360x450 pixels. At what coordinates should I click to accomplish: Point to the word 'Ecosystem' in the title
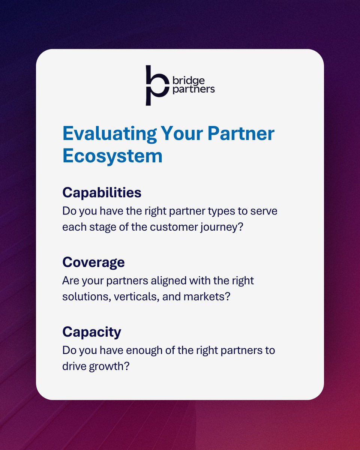pos(112,155)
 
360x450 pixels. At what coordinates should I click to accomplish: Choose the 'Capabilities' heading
pos(102,192)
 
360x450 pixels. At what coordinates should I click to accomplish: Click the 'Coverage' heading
pos(93,262)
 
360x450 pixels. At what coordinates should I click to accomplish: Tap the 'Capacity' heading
pos(92,332)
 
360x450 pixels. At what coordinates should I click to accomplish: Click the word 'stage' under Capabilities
pos(100,227)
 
